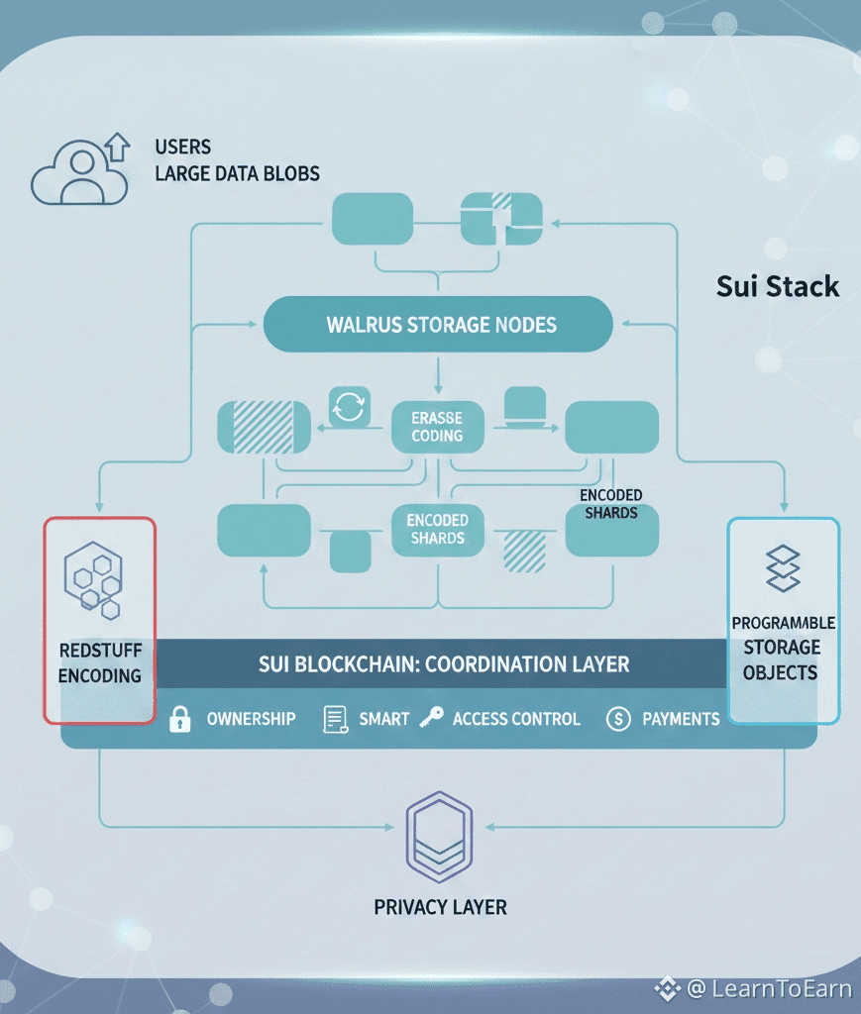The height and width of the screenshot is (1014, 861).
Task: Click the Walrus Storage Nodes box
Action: [438, 324]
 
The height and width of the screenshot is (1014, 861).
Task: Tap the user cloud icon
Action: [79, 170]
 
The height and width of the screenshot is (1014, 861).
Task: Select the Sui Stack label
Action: [777, 287]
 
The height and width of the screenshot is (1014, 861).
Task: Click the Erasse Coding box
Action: [437, 427]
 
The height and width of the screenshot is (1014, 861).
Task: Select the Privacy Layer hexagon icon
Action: [439, 836]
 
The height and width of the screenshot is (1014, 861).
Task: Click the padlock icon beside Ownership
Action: [179, 720]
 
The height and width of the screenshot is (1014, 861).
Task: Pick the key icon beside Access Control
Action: [431, 719]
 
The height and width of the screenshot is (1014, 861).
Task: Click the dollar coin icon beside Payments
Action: [617, 719]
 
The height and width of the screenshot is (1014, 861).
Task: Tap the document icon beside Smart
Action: [335, 720]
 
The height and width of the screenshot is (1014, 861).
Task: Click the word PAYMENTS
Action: [681, 719]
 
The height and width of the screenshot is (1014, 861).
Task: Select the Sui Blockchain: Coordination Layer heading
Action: [444, 663]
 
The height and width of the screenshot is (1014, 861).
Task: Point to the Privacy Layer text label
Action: [440, 907]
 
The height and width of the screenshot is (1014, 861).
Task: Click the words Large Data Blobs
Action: [237, 174]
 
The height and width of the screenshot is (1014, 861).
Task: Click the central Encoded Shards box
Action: [437, 529]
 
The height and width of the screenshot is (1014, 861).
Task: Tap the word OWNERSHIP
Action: [251, 719]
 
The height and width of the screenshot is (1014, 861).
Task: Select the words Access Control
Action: [516, 719]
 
